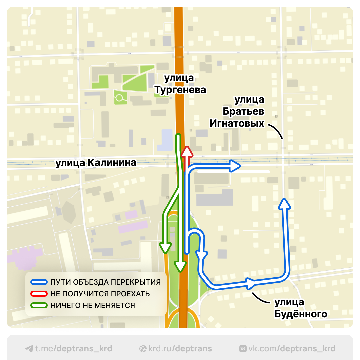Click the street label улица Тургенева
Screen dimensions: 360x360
[x=180, y=84]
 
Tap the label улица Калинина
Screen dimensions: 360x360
[x=96, y=163]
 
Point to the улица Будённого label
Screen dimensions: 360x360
[x=300, y=308]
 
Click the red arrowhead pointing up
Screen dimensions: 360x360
[x=187, y=152]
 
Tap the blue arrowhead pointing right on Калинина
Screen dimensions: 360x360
[x=235, y=166]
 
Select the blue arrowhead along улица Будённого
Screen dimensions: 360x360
[x=250, y=283]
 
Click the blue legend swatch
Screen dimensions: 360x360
[x=39, y=282]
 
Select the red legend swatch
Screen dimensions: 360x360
[x=39, y=294]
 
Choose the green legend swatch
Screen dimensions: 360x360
[x=39, y=305]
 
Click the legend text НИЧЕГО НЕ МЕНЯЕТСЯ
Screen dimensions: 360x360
[x=93, y=305]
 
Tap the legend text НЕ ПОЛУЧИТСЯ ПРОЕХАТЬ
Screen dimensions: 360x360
[x=100, y=294]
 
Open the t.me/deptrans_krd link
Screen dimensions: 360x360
[x=69, y=349]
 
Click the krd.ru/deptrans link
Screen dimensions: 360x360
[x=176, y=349]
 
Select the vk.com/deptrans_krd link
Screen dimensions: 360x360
[x=287, y=349]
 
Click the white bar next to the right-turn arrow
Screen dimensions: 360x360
[x=233, y=172]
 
